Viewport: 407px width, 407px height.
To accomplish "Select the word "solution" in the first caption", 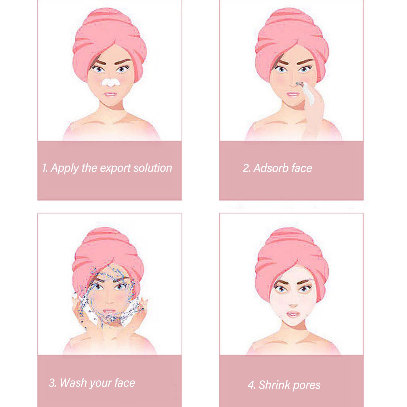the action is pyautogui.click(x=153, y=168).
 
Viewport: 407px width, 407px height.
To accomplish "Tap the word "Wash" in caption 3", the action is pyautogui.click(x=73, y=383).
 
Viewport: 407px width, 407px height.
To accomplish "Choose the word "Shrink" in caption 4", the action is pyautogui.click(x=274, y=385).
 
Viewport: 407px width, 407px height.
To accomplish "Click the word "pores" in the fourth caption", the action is pyautogui.click(x=307, y=386).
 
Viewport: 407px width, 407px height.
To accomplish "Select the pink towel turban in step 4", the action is pyautogui.click(x=292, y=257).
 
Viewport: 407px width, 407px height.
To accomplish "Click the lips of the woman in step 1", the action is pyautogui.click(x=110, y=95).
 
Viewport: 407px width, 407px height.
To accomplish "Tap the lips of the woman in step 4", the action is pyautogui.click(x=293, y=314).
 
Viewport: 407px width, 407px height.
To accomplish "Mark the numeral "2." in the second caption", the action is pyautogui.click(x=246, y=168).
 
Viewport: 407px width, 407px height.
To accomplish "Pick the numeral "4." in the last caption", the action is pyautogui.click(x=252, y=385).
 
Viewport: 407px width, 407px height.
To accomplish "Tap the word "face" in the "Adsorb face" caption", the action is pyautogui.click(x=302, y=168).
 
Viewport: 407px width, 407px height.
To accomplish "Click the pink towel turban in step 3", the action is pyautogui.click(x=108, y=254).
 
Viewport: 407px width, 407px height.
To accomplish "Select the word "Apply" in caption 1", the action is pyautogui.click(x=65, y=168).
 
